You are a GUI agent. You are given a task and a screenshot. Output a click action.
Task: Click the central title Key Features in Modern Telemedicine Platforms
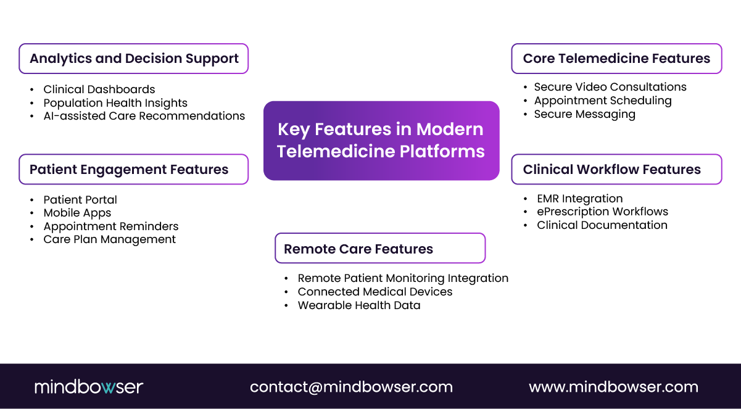(x=381, y=141)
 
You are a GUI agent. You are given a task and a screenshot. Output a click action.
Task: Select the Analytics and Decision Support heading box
(x=134, y=59)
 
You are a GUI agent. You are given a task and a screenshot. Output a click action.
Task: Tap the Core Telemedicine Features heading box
(x=616, y=59)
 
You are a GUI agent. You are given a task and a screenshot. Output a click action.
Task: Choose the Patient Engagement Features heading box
(x=134, y=170)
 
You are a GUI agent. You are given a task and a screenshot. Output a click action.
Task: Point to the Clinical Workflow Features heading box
(x=616, y=170)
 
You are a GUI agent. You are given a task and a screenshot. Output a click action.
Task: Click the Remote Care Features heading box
(x=380, y=249)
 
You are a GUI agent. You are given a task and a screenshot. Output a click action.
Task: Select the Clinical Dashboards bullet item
(x=99, y=89)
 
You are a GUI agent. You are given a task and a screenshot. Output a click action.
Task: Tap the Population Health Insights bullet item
(x=115, y=103)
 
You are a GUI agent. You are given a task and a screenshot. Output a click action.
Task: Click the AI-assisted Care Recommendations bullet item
(x=144, y=116)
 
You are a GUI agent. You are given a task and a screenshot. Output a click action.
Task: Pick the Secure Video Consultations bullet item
(x=610, y=87)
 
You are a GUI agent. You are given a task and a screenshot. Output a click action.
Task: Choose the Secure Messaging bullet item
(x=584, y=114)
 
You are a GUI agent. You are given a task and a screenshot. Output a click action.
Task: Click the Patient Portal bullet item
(x=80, y=200)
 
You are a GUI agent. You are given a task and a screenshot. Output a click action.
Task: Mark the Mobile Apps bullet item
(x=77, y=213)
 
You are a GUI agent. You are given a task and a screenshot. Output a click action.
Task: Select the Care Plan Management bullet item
(x=109, y=239)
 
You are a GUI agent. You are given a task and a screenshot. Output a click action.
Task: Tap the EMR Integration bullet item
(x=579, y=199)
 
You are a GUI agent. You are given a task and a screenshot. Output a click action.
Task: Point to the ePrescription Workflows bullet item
(x=602, y=212)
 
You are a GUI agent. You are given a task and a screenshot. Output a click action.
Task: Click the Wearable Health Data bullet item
(x=358, y=305)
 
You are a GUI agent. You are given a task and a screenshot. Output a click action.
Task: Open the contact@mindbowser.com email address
(x=351, y=387)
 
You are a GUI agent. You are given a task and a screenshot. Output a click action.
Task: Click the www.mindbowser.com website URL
(x=613, y=387)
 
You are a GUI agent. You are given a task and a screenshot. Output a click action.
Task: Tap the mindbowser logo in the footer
(x=89, y=387)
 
